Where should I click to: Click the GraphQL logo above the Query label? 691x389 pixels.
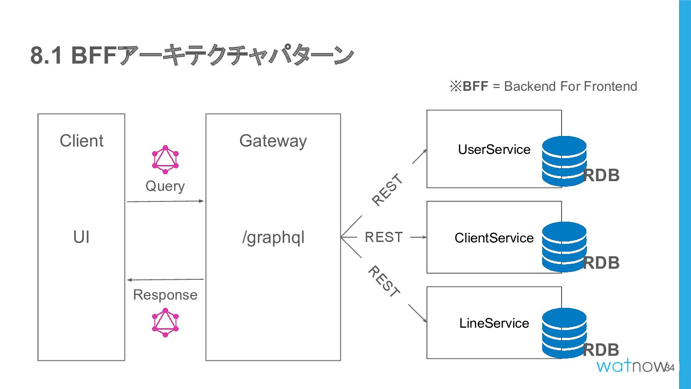pos(165,159)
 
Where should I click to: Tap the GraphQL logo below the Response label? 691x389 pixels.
pos(165,323)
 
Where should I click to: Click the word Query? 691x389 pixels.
pos(165,187)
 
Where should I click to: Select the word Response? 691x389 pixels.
pos(165,295)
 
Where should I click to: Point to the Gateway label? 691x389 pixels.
pos(273,141)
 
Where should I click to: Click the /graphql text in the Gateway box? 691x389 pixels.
pos(273,238)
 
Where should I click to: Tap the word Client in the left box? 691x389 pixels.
pos(82,141)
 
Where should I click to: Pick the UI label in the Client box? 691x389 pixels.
pos(82,237)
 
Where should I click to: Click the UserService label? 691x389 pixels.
pos(494,149)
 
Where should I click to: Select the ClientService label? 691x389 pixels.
pos(494,238)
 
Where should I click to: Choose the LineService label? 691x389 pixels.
pos(494,323)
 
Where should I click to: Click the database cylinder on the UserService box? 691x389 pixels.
pos(564,161)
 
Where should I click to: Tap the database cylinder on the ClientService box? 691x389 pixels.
pos(564,247)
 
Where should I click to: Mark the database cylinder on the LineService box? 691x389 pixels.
pos(564,333)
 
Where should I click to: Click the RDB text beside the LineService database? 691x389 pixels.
pos(601,350)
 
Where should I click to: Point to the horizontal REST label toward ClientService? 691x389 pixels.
pos(384,237)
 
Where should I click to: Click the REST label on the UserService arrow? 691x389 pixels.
pos(387,189)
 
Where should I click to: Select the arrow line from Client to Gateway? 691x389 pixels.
pos(165,201)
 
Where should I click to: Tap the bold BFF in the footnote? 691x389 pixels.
pos(475,86)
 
